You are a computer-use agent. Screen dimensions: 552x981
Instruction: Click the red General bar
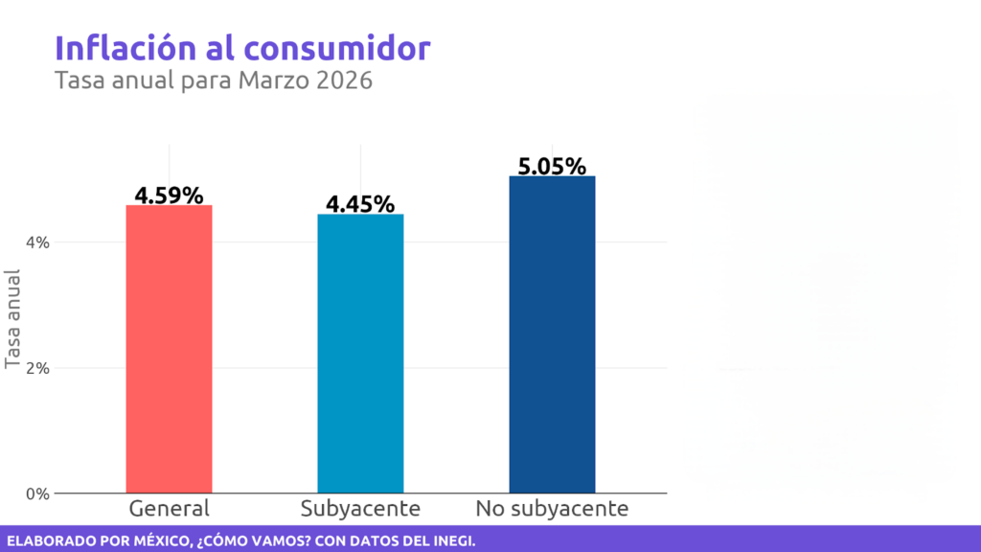[x=169, y=349]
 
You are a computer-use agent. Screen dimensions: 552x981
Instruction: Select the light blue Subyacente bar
[x=360, y=354]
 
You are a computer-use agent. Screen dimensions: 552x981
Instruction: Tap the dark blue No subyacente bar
[x=552, y=334]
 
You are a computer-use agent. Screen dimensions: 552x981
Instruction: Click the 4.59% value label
[x=169, y=195]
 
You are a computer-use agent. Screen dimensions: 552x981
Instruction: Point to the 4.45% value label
[x=360, y=204]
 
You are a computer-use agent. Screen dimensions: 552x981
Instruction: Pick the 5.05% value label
[x=552, y=166]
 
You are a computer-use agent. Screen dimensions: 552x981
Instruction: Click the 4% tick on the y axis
[x=37, y=242]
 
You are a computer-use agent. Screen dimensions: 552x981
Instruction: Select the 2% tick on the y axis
[x=37, y=368]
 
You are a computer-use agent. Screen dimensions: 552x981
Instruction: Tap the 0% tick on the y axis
[x=37, y=494]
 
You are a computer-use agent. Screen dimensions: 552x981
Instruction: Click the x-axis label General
[x=169, y=508]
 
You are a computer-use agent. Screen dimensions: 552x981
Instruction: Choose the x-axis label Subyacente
[x=360, y=508]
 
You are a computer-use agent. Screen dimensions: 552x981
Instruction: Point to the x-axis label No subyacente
[x=552, y=508]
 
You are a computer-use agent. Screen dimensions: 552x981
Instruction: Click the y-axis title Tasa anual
[x=13, y=319]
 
